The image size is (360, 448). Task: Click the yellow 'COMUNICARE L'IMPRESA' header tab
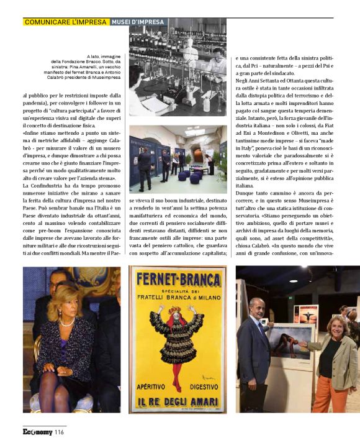(66, 22)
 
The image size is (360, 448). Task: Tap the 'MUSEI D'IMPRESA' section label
(138, 22)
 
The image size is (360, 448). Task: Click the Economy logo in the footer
(37, 432)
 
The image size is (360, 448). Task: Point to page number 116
(59, 432)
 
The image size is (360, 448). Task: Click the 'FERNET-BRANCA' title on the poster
(178, 278)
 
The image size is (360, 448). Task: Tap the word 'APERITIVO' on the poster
(152, 386)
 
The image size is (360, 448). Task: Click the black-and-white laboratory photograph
(178, 67)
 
